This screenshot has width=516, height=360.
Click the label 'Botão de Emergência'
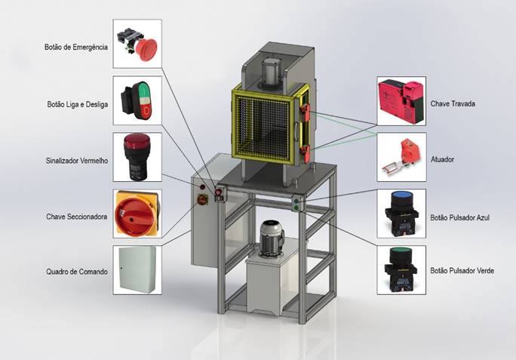click(x=75, y=46)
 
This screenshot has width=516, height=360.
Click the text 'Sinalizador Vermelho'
click(x=75, y=160)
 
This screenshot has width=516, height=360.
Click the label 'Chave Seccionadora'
click(x=76, y=217)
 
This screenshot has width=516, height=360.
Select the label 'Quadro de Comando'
click(x=77, y=272)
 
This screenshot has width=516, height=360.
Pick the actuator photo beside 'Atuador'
click(x=401, y=156)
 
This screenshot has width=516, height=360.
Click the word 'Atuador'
click(x=442, y=159)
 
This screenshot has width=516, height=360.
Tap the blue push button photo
click(x=401, y=213)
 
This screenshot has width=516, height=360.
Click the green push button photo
click(x=401, y=269)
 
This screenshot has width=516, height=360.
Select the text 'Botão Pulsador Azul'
click(x=460, y=217)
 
